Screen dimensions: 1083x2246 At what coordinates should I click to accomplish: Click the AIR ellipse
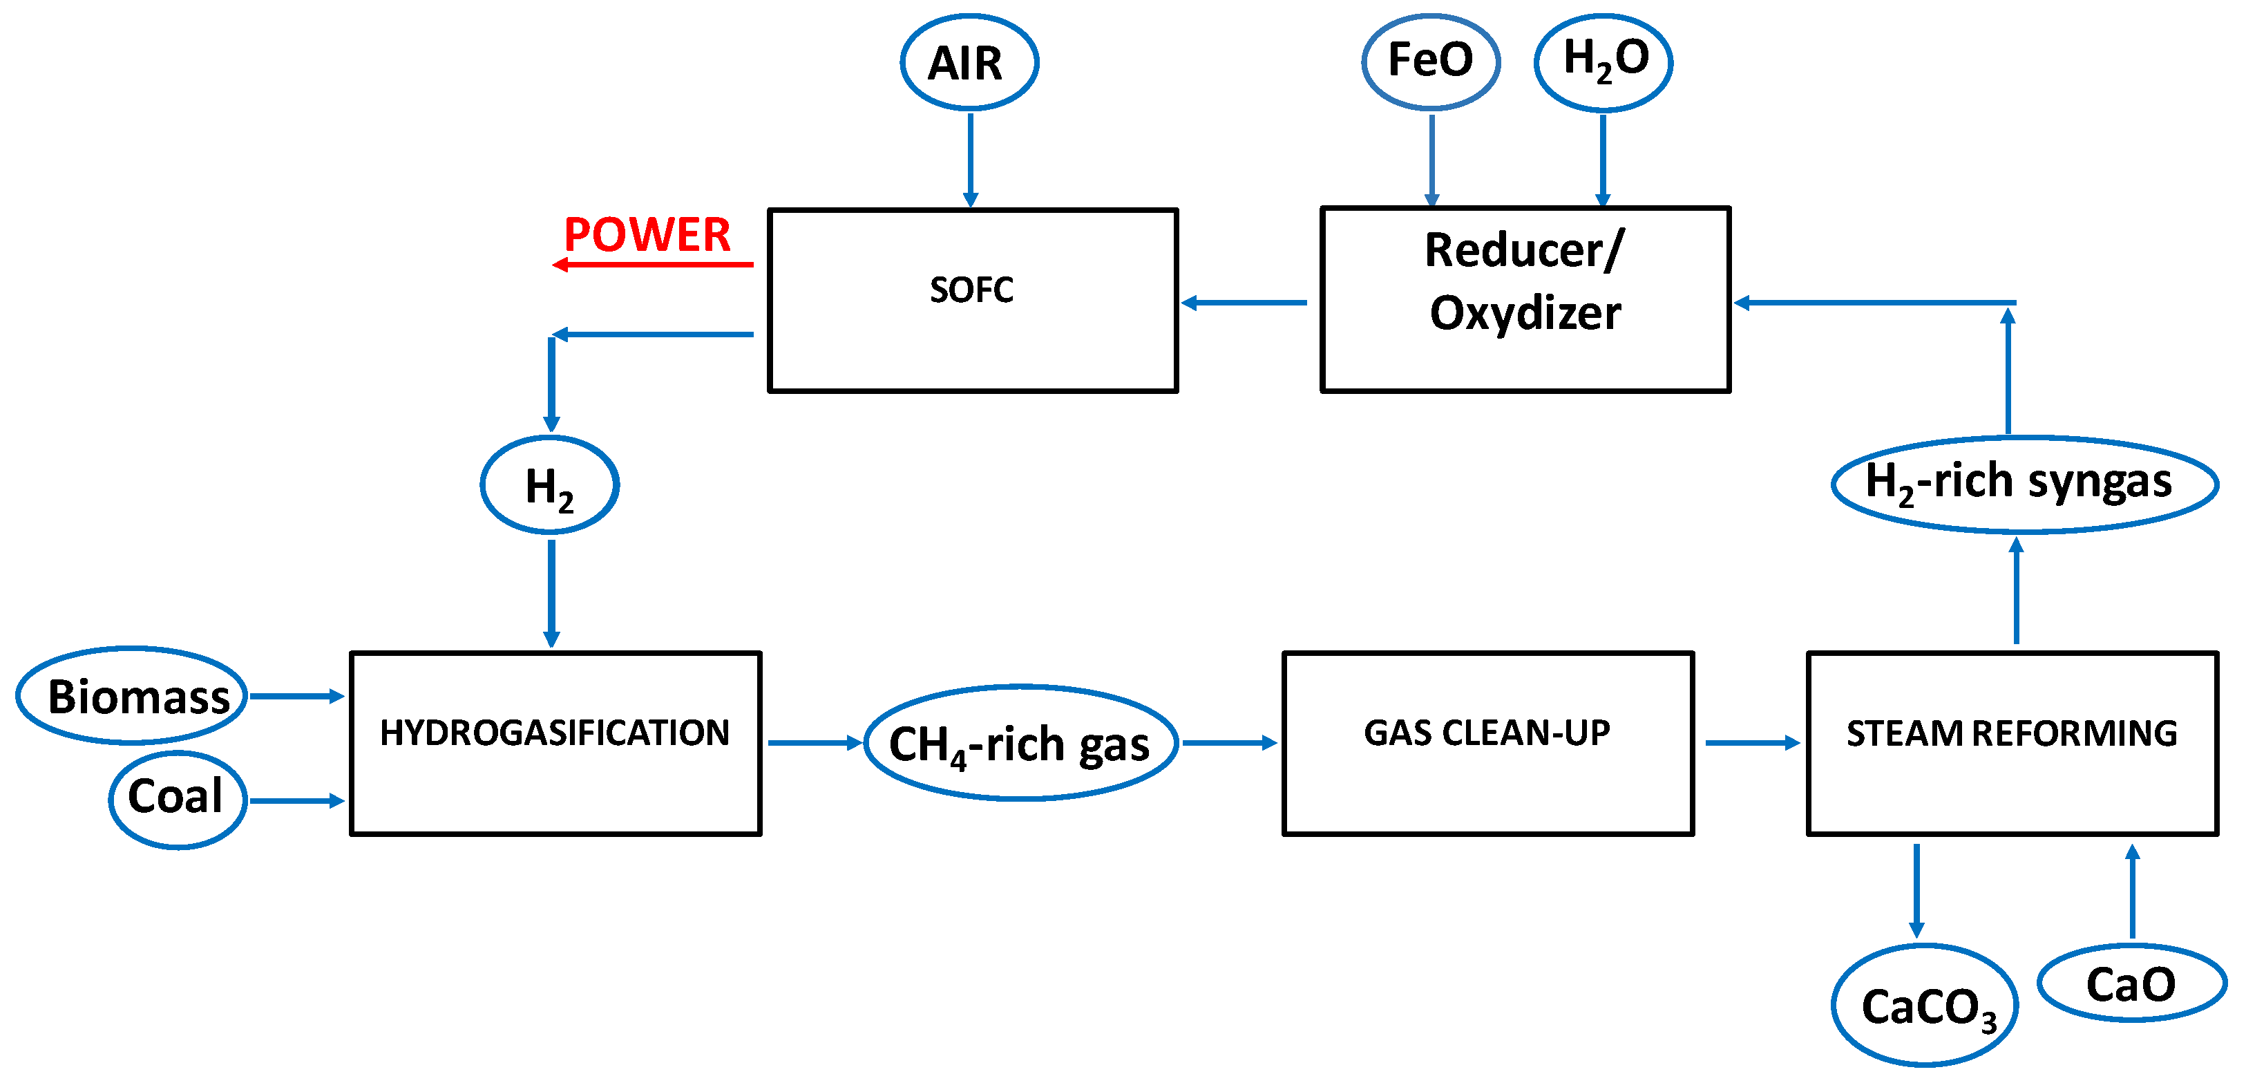[969, 63]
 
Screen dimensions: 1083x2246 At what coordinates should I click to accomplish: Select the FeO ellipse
[1430, 61]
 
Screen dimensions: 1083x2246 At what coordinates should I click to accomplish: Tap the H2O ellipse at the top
[1603, 61]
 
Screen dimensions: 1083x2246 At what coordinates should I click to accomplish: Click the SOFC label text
[971, 290]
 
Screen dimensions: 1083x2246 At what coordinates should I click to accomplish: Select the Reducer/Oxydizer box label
[1524, 281]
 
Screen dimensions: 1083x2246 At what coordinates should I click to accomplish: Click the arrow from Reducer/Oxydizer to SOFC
[1244, 303]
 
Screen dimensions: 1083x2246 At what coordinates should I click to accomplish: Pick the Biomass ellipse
[132, 696]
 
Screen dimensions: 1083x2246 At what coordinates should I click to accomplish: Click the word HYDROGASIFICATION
[555, 733]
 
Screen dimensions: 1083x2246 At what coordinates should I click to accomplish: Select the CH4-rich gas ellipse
[1020, 744]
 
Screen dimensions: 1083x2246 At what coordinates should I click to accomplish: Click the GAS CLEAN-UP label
[1487, 733]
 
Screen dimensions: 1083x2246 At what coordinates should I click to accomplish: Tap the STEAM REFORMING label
[2012, 733]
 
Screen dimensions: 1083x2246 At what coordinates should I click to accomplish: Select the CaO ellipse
[2131, 983]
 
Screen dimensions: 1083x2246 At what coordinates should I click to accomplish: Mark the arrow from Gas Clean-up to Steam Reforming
[1751, 743]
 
